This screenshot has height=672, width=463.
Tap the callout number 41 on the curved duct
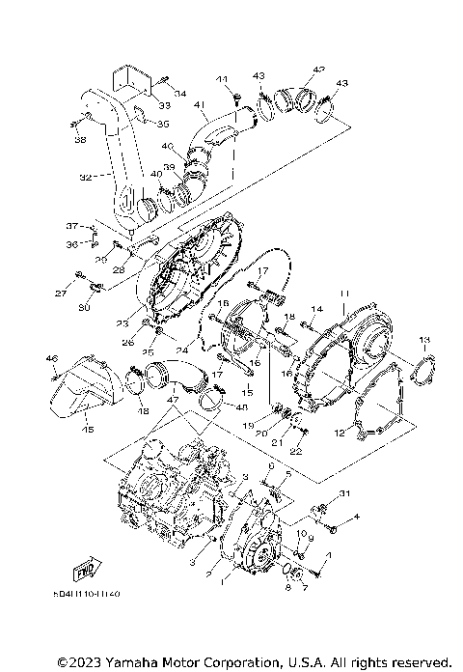pyautogui.click(x=200, y=104)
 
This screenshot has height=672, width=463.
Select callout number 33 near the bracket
pyautogui.click(x=164, y=105)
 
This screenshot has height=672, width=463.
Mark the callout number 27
pyautogui.click(x=60, y=293)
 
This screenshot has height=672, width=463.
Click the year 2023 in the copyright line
pyautogui.click(x=75, y=662)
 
